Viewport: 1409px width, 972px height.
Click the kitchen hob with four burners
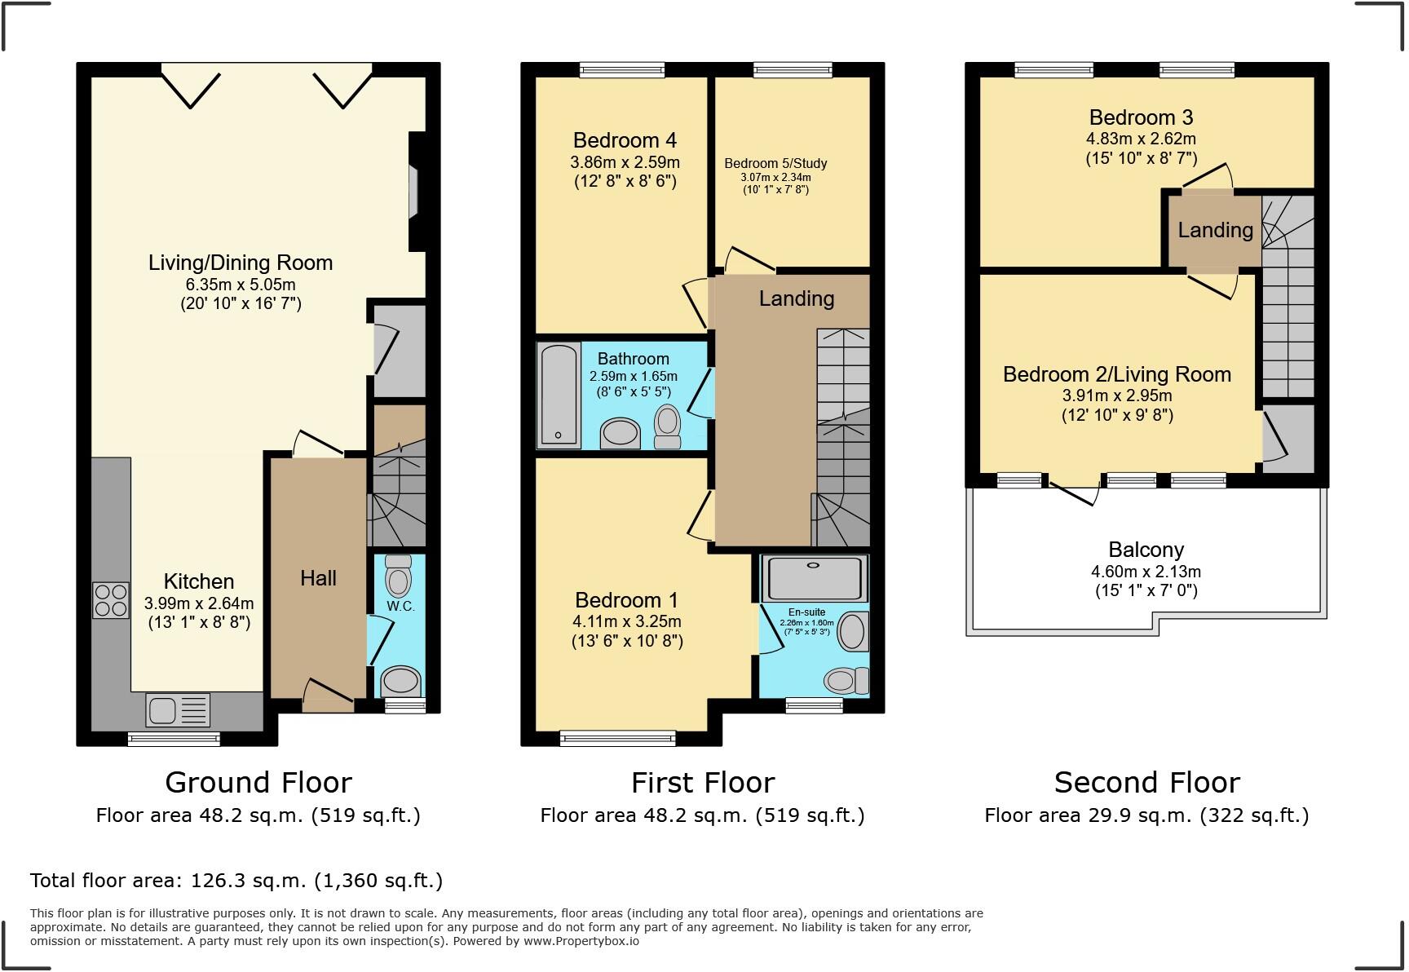(111, 600)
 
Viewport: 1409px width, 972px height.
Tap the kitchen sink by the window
(178, 709)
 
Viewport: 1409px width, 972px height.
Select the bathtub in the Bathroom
(559, 395)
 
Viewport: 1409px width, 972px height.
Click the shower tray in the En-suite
(814, 578)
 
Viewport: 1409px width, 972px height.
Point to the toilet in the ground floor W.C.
(398, 577)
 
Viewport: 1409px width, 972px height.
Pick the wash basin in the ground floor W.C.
(400, 680)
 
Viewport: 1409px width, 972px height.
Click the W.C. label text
(400, 606)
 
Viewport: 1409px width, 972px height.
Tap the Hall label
(318, 578)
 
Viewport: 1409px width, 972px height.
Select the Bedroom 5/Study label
(775, 163)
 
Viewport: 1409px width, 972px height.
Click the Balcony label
(1146, 550)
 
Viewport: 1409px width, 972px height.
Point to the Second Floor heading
(1146, 782)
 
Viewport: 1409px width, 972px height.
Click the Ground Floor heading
(258, 782)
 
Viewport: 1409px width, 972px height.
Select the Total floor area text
(236, 881)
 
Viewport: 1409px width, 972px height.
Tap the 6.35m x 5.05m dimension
(241, 285)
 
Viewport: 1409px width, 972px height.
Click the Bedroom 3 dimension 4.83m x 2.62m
(1141, 139)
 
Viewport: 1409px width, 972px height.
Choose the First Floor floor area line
(702, 815)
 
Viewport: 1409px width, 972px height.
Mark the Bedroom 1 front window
(618, 739)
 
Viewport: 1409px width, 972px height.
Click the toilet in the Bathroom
(668, 426)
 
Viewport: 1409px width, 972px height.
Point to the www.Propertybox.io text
(581, 941)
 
